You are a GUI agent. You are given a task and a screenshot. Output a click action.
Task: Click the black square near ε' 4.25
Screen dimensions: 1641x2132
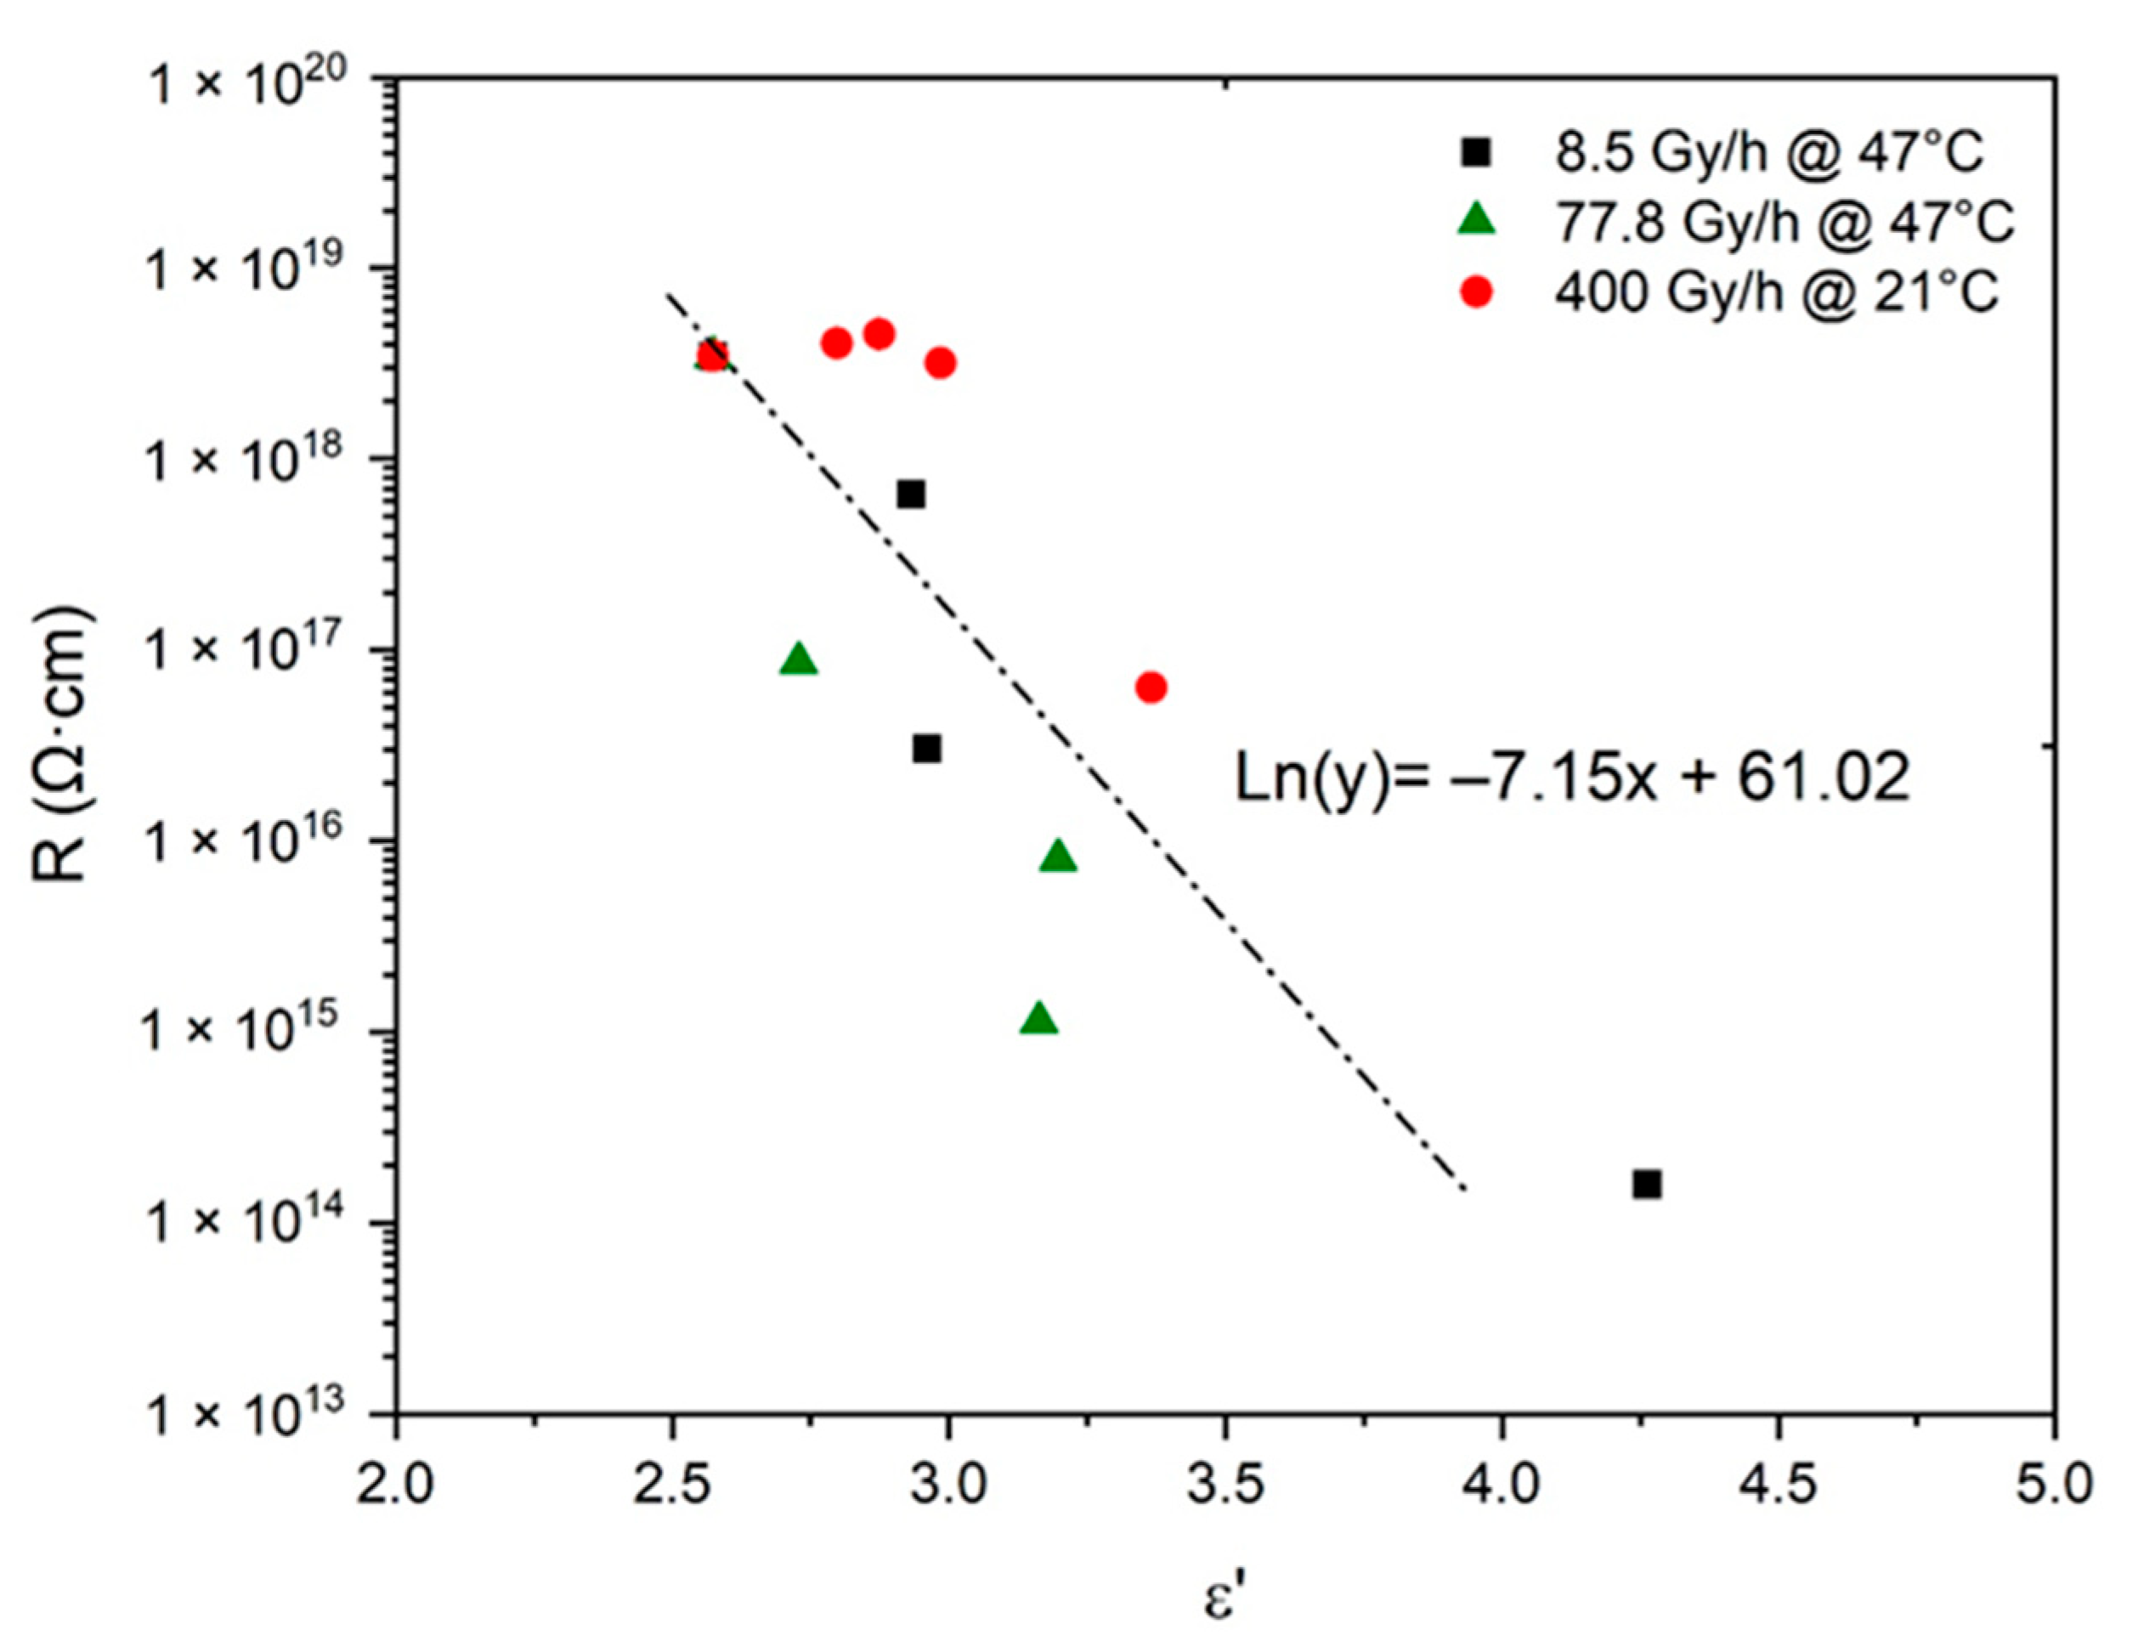[x=1647, y=1184]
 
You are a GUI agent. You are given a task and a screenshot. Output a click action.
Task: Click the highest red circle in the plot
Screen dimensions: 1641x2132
[x=879, y=334]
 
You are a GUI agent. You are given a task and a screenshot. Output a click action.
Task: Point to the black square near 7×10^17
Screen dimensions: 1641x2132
[x=911, y=494]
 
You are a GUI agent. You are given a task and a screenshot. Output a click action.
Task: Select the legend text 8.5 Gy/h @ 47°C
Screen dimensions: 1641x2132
[x=1769, y=152]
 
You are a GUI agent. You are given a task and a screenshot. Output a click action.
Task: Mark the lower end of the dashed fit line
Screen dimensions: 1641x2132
[x=1464, y=1189]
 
